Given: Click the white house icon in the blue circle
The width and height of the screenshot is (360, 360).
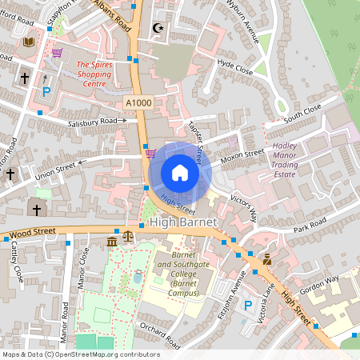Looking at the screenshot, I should [x=180, y=173].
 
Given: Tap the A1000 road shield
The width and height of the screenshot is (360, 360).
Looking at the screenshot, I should [x=139, y=103].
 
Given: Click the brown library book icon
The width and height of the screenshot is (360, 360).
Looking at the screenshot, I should [x=30, y=42].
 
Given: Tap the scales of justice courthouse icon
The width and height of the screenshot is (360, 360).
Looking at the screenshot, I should [x=129, y=240].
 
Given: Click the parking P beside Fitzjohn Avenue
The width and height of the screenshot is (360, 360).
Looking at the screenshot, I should [x=248, y=306].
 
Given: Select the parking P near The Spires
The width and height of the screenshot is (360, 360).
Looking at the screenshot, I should [x=46, y=92].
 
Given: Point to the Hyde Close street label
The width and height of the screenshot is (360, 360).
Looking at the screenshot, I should [x=235, y=70].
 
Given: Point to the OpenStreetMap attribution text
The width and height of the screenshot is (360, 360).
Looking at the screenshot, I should [x=80, y=354].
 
